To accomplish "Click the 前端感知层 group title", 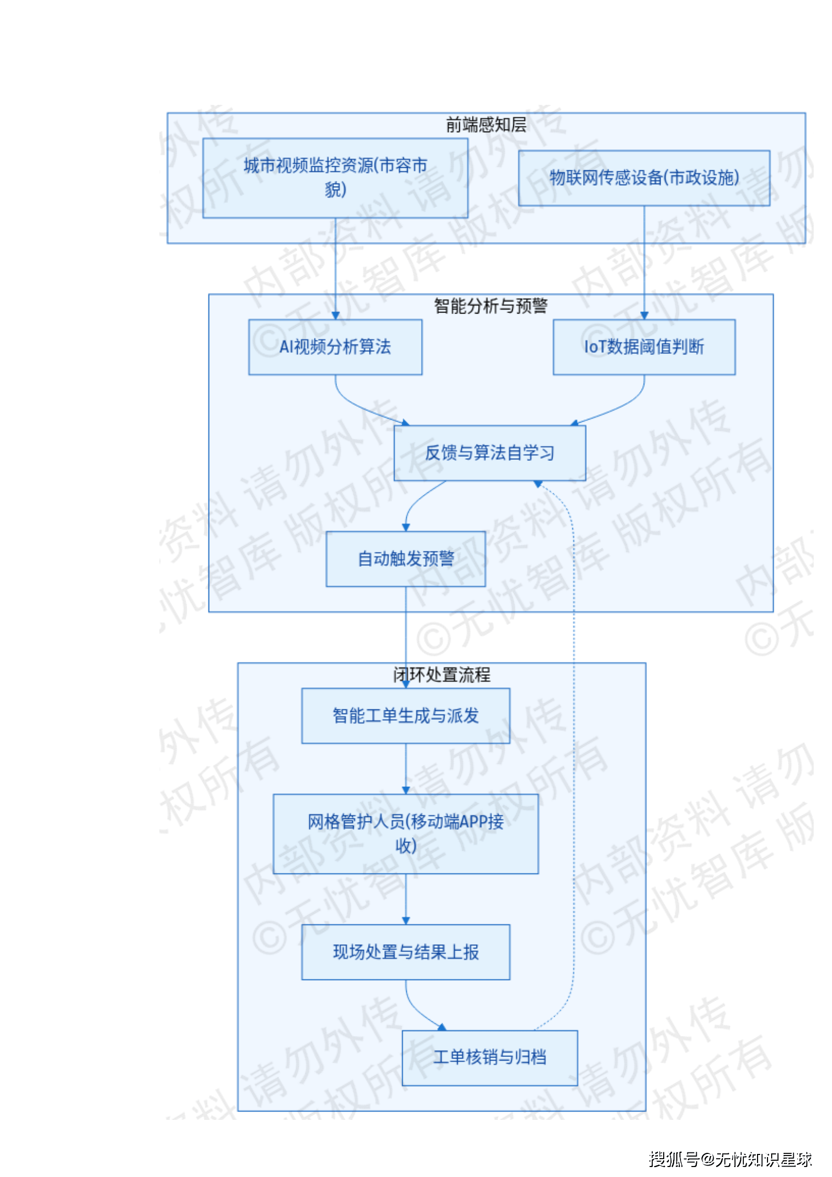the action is [x=486, y=125].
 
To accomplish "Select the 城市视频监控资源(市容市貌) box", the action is [x=335, y=178].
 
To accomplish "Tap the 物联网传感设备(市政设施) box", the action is [x=644, y=178].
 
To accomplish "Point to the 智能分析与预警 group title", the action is [x=490, y=306].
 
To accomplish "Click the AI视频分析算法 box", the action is [x=335, y=347].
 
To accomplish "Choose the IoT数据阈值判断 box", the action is [x=644, y=347].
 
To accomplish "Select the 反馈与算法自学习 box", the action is [x=490, y=452].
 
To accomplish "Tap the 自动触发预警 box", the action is [x=405, y=558].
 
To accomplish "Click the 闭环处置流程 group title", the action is [x=441, y=675].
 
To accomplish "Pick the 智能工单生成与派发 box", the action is [x=405, y=716].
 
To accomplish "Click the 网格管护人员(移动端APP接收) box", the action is [x=405, y=834].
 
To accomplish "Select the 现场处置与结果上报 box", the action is [x=405, y=952].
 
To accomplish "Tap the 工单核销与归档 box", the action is [x=490, y=1057].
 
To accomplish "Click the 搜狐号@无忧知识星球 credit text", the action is [x=730, y=1159].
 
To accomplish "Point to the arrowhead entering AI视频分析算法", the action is [x=336, y=316].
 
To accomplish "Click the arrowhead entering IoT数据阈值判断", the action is [x=644, y=316].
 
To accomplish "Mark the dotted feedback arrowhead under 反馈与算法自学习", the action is [x=537, y=484].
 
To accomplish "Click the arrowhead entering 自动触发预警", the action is [x=406, y=527].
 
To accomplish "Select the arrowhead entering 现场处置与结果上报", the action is [x=406, y=921].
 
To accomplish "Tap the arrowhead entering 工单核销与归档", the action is [x=442, y=1027].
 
